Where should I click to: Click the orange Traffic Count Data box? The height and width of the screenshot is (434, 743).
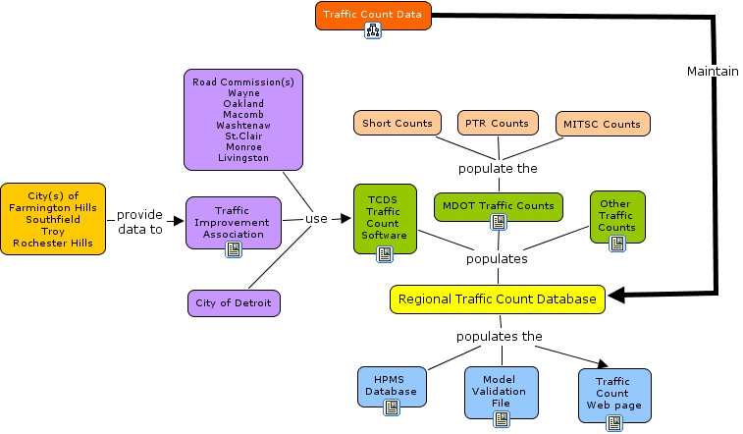pos(373,15)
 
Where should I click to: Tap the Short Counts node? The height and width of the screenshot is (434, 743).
pos(398,124)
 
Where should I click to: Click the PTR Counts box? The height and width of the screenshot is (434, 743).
pos(497,124)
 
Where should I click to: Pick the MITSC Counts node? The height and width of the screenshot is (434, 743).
pos(602,124)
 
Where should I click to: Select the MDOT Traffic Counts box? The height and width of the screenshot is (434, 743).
pos(498,205)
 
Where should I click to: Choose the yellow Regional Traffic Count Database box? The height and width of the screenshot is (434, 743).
pos(498,299)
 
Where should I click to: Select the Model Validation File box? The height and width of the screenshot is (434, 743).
pos(501,387)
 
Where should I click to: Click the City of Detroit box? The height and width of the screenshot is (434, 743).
pos(234,302)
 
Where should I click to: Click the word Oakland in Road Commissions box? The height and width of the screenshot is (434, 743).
pos(243,104)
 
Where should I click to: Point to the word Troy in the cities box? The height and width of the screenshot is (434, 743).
pos(52,231)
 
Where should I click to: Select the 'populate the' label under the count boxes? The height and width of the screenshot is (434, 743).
pos(498,168)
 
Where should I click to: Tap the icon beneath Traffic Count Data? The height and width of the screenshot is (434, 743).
pos(373,31)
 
